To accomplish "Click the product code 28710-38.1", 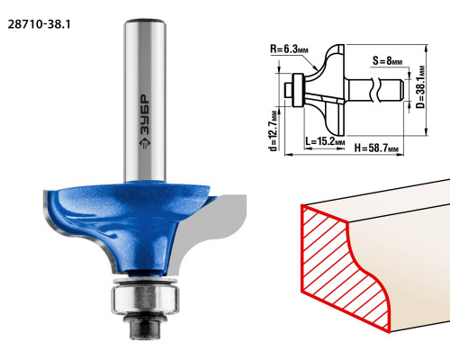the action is (x=39, y=24).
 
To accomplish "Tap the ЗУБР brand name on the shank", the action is (x=145, y=115).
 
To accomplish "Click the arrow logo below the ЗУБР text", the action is (x=145, y=143).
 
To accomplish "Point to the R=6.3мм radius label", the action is (x=289, y=49).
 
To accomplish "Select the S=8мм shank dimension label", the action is (x=387, y=61).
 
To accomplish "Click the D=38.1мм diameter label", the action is (x=421, y=87).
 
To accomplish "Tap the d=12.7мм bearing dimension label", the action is (x=274, y=131).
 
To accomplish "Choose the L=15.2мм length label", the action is (x=325, y=140).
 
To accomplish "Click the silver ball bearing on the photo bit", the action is (x=145, y=299).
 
